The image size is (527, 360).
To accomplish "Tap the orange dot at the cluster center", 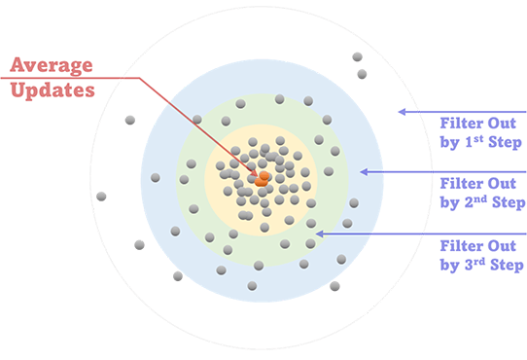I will pos(262,178).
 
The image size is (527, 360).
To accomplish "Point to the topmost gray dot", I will pos(357,56).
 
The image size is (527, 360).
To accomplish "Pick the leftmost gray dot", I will pos(101,196).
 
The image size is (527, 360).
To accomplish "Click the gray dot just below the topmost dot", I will pos(362,73).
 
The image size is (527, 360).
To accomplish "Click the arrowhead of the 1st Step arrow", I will pos(401,112).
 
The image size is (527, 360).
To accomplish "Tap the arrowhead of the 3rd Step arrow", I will pos(322,233).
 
